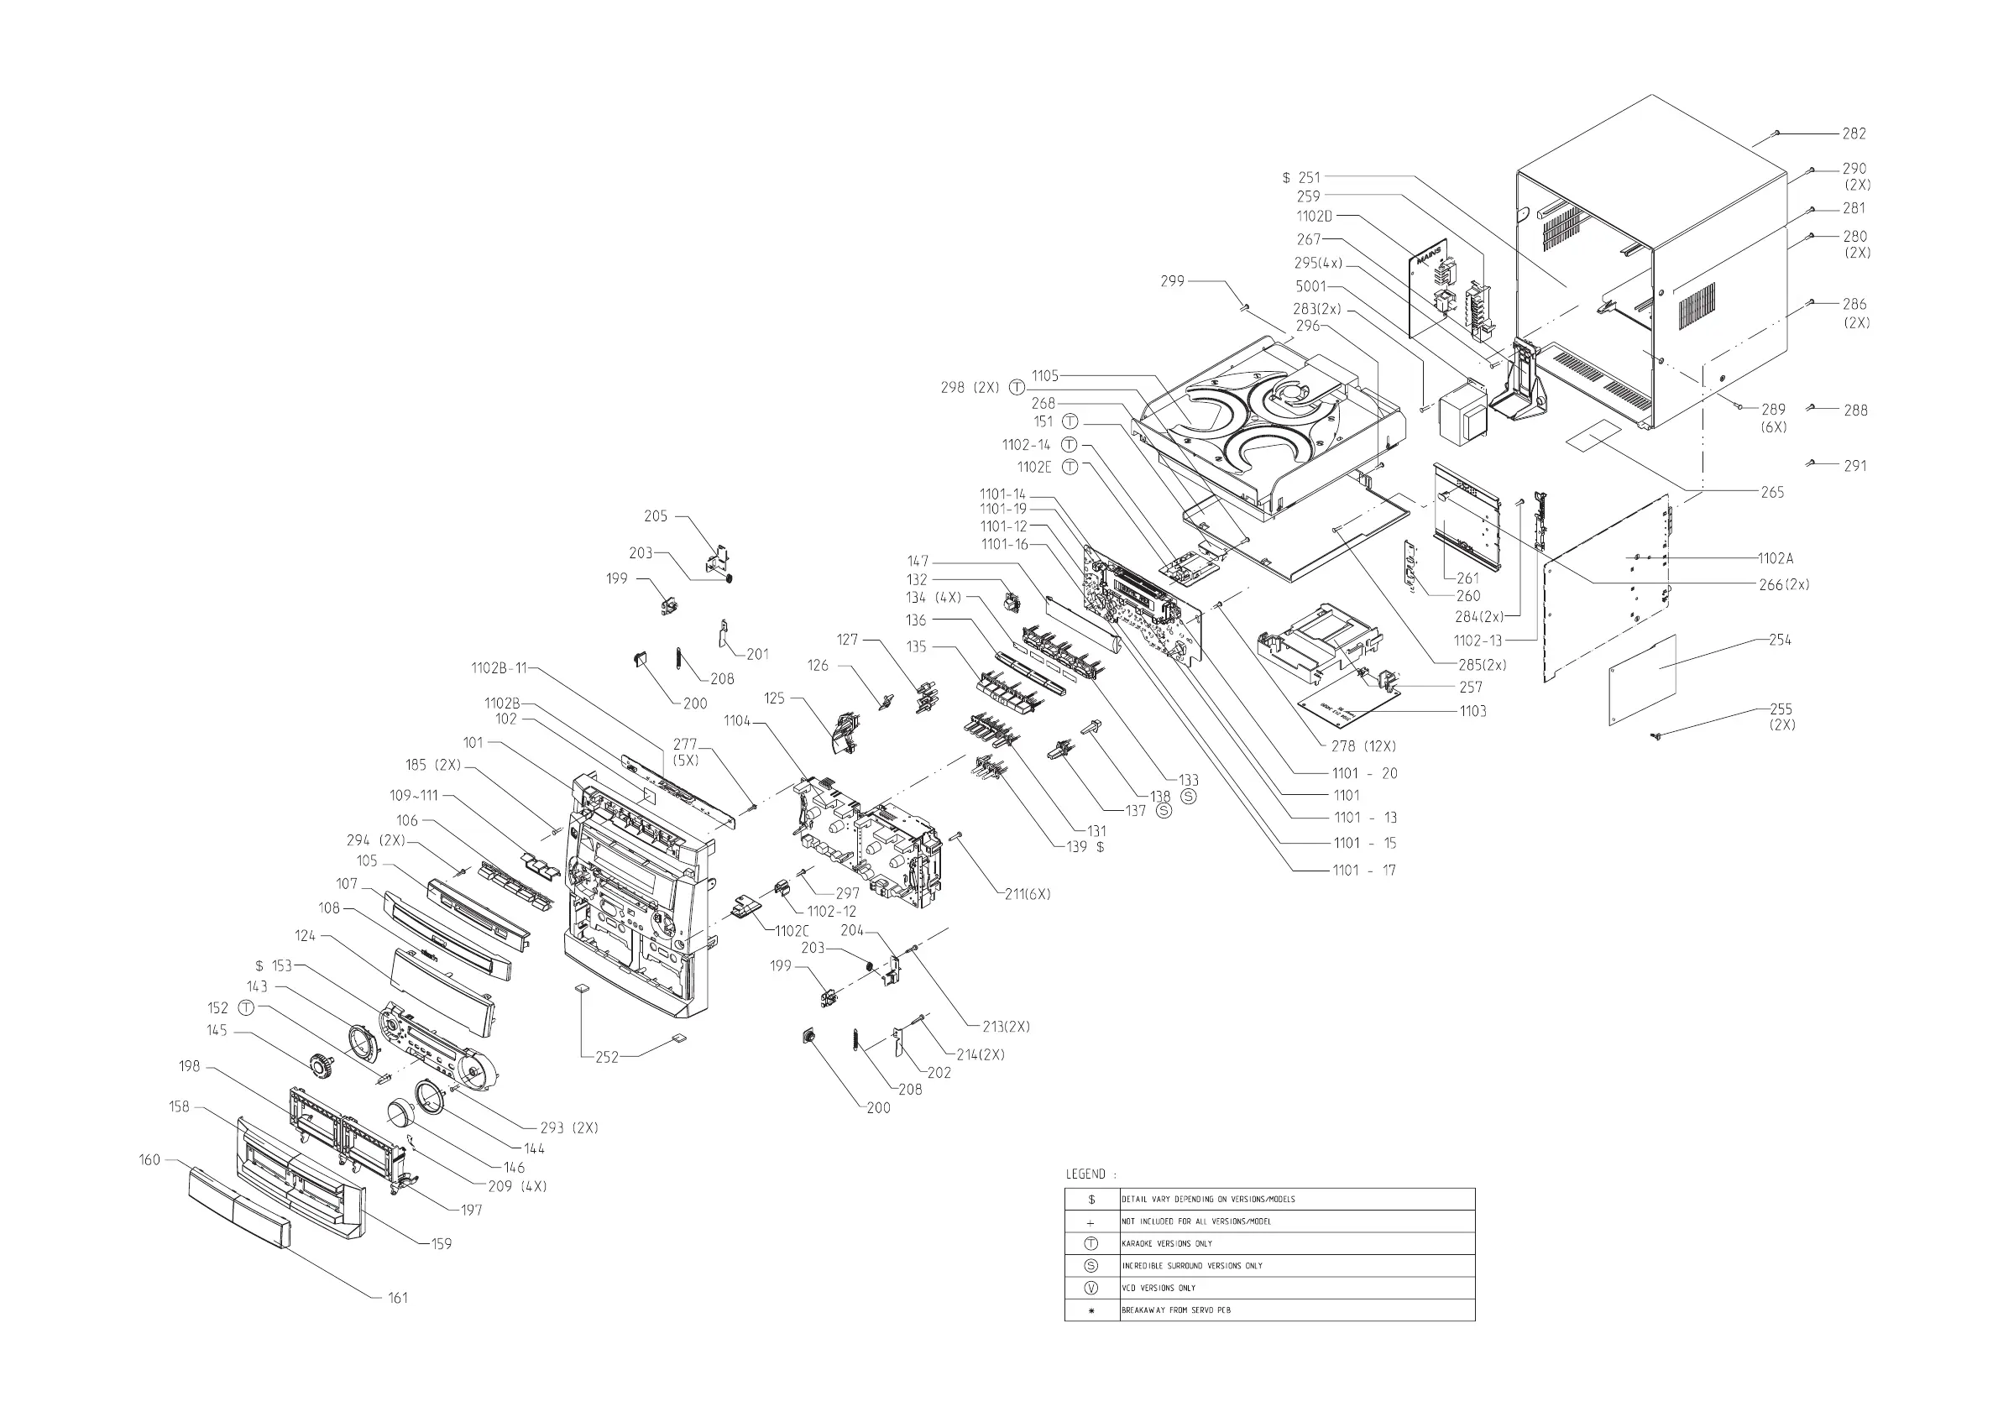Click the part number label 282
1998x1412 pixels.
point(1854,134)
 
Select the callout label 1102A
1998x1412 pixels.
point(1776,558)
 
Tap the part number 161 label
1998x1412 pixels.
point(398,1298)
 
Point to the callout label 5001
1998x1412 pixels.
point(1310,286)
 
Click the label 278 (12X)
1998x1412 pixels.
point(1363,746)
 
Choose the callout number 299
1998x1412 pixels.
point(1172,281)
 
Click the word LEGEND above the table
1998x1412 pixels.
point(1085,1174)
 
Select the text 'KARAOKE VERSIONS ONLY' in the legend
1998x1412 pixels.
point(1166,1244)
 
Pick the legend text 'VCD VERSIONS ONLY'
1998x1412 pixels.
point(1159,1289)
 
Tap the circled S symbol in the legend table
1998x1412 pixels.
point(1091,1266)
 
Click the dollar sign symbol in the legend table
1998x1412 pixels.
point(1091,1200)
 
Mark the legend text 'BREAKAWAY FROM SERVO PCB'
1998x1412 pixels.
point(1175,1310)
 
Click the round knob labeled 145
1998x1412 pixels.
point(323,1063)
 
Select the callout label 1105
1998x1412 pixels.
point(1045,376)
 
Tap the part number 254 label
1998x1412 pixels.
point(1780,641)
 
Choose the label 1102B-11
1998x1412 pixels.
point(499,669)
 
